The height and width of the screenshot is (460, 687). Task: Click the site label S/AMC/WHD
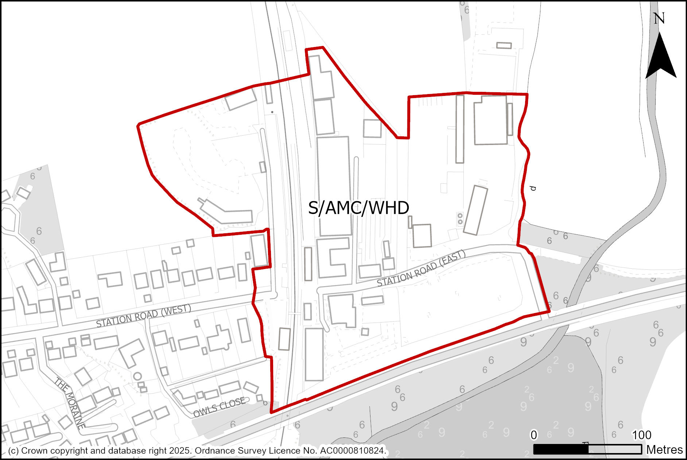pyautogui.click(x=358, y=208)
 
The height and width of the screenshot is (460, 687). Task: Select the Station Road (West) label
pyautogui.click(x=144, y=316)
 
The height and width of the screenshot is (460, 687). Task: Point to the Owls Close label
pyautogui.click(x=219, y=408)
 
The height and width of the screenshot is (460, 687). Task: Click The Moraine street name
pyautogui.click(x=70, y=403)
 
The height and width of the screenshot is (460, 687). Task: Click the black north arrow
pyautogui.click(x=660, y=58)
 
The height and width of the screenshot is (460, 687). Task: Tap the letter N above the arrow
pyautogui.click(x=659, y=19)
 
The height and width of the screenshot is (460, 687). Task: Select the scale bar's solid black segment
pyautogui.click(x=561, y=449)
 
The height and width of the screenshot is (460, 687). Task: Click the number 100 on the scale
pyautogui.click(x=641, y=435)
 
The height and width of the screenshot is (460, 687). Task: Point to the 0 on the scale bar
pyautogui.click(x=533, y=435)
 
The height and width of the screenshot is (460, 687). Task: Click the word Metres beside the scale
pyautogui.click(x=664, y=450)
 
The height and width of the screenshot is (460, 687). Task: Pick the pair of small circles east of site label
pyautogui.click(x=460, y=219)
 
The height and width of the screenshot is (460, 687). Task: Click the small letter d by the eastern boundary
pyautogui.click(x=533, y=188)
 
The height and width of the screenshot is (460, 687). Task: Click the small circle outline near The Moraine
pyautogui.click(x=137, y=376)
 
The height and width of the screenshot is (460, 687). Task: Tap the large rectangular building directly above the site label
pyautogui.click(x=334, y=186)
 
